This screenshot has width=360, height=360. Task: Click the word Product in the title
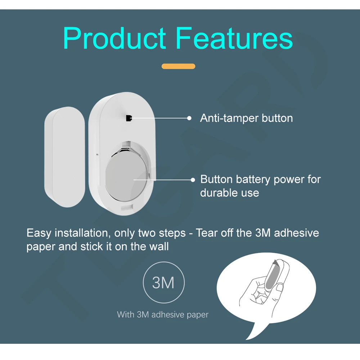click(x=114, y=39)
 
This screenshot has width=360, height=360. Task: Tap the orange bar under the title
click(x=179, y=66)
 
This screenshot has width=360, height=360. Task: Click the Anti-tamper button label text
click(x=246, y=118)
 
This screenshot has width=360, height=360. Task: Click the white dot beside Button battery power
click(x=193, y=179)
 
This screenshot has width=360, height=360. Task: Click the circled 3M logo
click(x=163, y=283)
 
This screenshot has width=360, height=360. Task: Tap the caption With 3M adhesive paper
click(x=163, y=315)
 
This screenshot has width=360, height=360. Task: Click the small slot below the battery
click(x=127, y=207)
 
